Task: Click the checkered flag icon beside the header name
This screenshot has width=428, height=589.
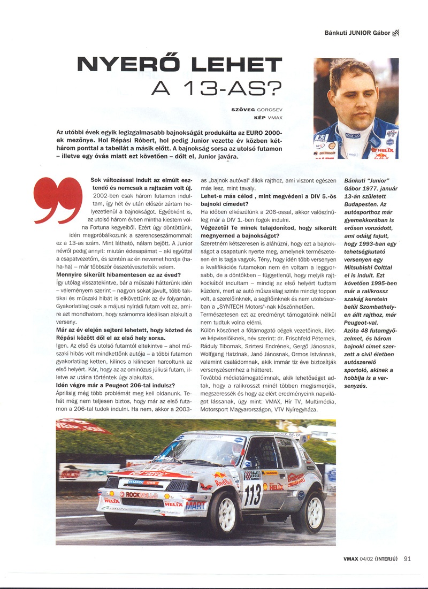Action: point(396,33)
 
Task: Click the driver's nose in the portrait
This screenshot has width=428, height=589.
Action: point(356,100)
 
